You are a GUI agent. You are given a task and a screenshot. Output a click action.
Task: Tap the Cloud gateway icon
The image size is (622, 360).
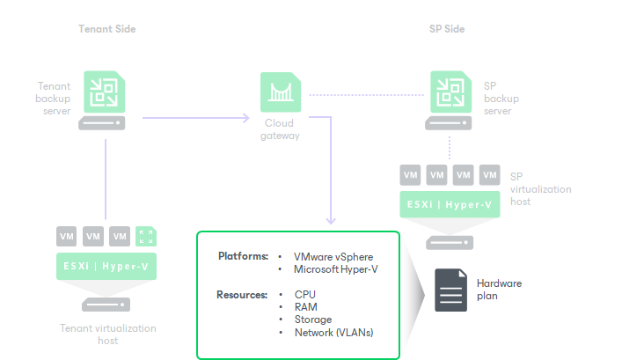(280, 91)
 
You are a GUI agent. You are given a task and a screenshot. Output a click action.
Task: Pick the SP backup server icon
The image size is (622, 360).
(450, 91)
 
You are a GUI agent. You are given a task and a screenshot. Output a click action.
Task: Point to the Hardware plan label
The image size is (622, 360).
(499, 290)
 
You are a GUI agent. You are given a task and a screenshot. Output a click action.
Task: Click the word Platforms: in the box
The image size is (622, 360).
(243, 256)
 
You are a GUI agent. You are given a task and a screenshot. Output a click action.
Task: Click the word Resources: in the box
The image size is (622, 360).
(242, 294)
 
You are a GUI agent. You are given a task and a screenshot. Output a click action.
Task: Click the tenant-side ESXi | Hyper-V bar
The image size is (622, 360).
(106, 265)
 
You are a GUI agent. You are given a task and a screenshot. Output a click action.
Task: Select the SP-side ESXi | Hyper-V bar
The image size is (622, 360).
(450, 204)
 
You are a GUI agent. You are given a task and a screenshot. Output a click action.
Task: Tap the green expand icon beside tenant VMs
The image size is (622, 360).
(146, 236)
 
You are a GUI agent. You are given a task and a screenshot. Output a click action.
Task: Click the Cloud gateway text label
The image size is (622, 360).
(280, 129)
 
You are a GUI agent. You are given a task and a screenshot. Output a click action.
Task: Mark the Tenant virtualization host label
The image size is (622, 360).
(107, 334)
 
